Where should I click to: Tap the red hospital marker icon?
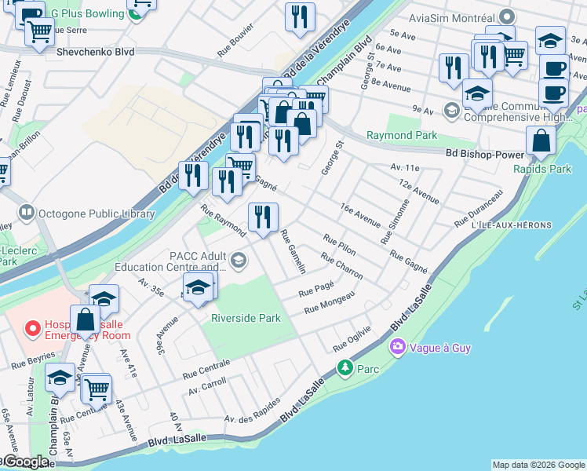32,328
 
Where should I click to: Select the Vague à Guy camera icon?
398,346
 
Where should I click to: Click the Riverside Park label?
246,318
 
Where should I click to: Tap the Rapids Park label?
542,168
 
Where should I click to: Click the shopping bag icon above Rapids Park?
541,141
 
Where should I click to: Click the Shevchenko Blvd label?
96,52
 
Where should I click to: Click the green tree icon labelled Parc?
344,367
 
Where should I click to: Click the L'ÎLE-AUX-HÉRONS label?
512,225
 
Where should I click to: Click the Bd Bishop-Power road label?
484,154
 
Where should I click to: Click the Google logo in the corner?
25,462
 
